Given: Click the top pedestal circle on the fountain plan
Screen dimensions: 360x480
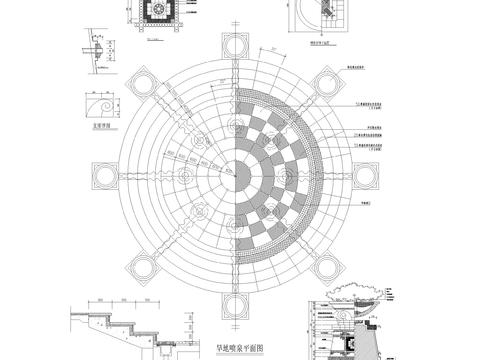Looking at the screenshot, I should click(236, 49).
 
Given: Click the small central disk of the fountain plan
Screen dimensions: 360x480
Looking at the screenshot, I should click(236, 171).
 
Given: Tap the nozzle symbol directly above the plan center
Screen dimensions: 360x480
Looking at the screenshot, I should click(236, 126).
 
